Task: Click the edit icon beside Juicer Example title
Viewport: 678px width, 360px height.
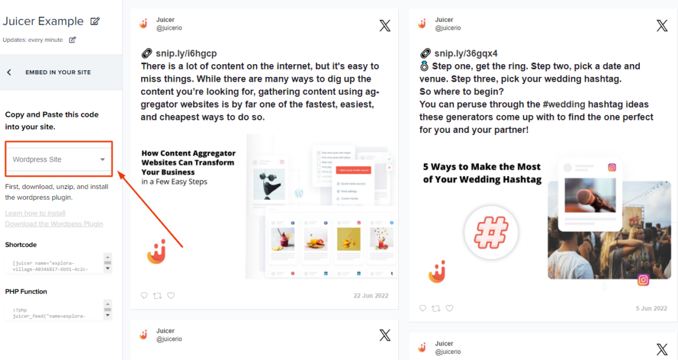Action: coord(95,21)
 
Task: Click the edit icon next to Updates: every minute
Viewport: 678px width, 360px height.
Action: coord(73,40)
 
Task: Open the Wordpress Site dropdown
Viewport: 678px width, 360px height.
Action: coord(59,160)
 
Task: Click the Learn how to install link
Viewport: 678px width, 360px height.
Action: coord(35,213)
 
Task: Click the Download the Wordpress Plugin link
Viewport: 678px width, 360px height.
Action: coord(54,224)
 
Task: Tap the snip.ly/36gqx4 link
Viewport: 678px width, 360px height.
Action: coord(466,53)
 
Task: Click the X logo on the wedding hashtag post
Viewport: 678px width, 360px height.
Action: coord(662,25)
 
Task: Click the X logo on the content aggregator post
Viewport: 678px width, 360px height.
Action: coord(385,25)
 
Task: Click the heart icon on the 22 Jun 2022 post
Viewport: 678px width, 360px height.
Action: coord(171,295)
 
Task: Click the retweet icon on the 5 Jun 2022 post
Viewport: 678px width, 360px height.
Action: coord(436,308)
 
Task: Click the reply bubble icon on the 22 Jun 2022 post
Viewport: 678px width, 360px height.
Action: coord(144,295)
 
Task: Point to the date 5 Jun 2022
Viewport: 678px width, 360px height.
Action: coord(651,308)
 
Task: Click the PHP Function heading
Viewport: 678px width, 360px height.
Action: coord(26,292)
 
